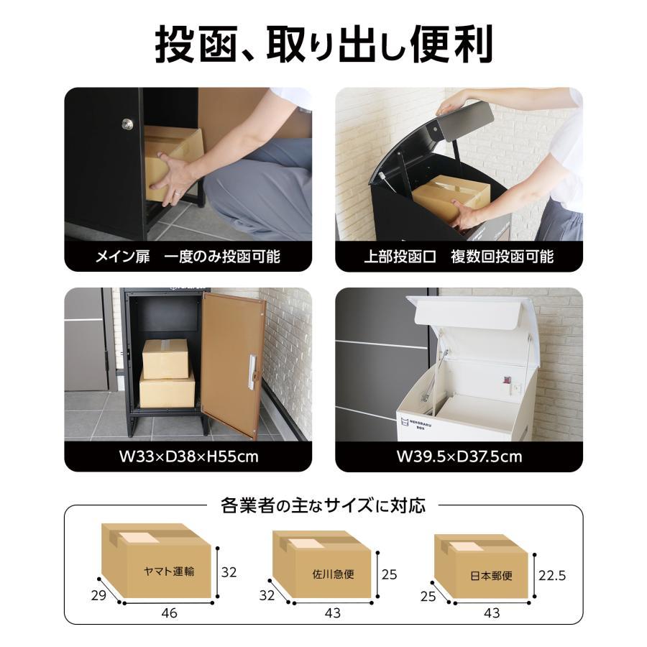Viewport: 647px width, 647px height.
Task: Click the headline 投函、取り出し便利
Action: (323, 44)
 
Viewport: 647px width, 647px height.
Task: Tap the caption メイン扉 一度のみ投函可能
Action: (188, 257)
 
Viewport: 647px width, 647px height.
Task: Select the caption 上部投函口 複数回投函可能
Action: (459, 257)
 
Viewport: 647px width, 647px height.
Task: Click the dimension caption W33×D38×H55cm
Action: (188, 456)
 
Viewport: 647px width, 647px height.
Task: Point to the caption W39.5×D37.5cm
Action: (459, 456)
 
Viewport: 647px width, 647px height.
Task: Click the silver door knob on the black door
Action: (127, 124)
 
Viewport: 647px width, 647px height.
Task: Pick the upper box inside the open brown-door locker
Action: (165, 358)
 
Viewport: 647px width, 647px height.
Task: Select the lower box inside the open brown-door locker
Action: (167, 390)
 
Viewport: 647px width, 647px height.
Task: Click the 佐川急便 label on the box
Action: (333, 574)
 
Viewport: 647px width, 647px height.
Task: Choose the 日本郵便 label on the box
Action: (492, 576)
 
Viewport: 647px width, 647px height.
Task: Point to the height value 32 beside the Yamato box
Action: (229, 572)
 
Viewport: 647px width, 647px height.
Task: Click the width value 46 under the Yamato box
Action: (169, 613)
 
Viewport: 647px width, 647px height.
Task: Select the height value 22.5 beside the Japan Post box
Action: (553, 575)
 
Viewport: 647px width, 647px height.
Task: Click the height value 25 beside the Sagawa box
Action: (389, 574)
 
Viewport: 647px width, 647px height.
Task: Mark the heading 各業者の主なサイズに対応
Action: (323, 506)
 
